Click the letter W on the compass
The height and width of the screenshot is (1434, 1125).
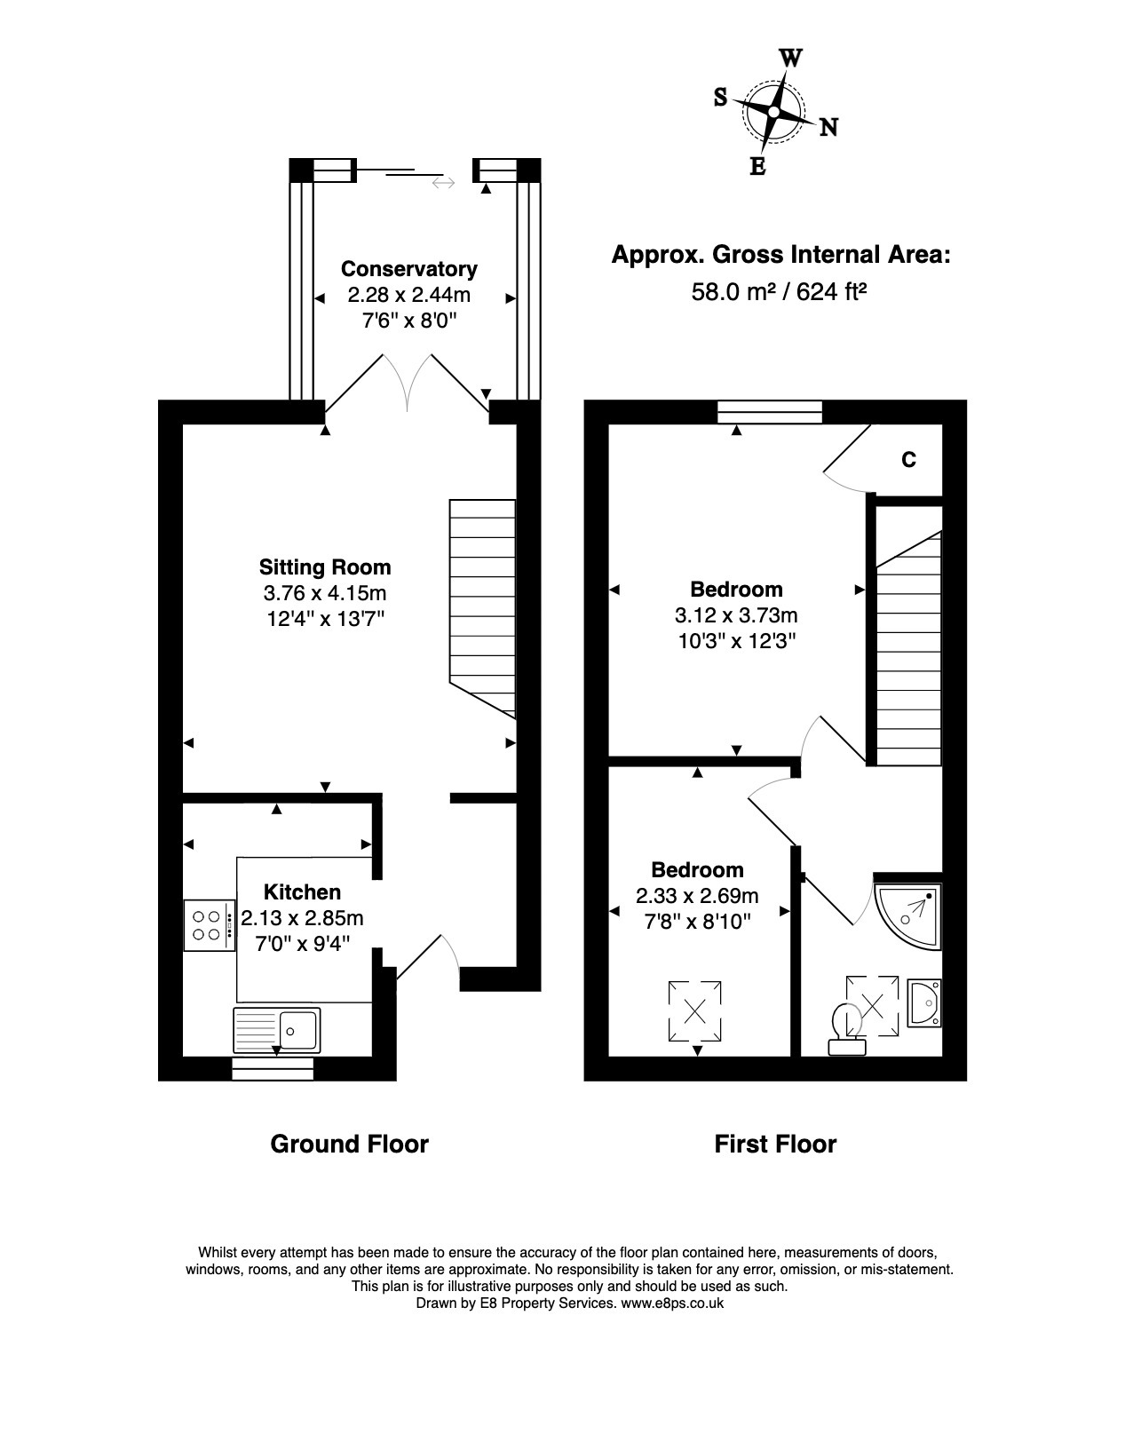pyautogui.click(x=791, y=58)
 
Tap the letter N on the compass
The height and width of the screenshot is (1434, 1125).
pyautogui.click(x=828, y=127)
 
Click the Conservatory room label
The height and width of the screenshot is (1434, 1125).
pyautogui.click(x=409, y=269)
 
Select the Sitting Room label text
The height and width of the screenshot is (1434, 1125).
pyautogui.click(x=325, y=567)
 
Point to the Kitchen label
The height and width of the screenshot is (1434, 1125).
pyautogui.click(x=302, y=892)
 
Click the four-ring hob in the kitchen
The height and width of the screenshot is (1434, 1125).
pyautogui.click(x=210, y=925)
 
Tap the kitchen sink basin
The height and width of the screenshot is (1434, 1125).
pyautogui.click(x=298, y=1030)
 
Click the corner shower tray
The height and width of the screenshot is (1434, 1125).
pyautogui.click(x=908, y=916)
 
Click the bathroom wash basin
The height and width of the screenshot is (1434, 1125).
pyautogui.click(x=925, y=1003)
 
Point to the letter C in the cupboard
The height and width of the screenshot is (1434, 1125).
pyautogui.click(x=908, y=459)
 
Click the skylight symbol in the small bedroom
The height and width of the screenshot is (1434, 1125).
pyautogui.click(x=694, y=1011)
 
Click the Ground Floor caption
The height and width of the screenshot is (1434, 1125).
pyautogui.click(x=349, y=1144)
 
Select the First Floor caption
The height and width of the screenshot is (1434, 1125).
pyautogui.click(x=775, y=1144)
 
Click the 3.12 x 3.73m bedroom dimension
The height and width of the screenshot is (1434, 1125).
pyautogui.click(x=736, y=615)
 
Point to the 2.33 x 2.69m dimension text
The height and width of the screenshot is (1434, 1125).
pyautogui.click(x=697, y=896)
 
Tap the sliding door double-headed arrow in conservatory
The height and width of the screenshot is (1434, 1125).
pyautogui.click(x=443, y=183)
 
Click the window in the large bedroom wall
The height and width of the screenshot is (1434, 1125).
pyautogui.click(x=770, y=412)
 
